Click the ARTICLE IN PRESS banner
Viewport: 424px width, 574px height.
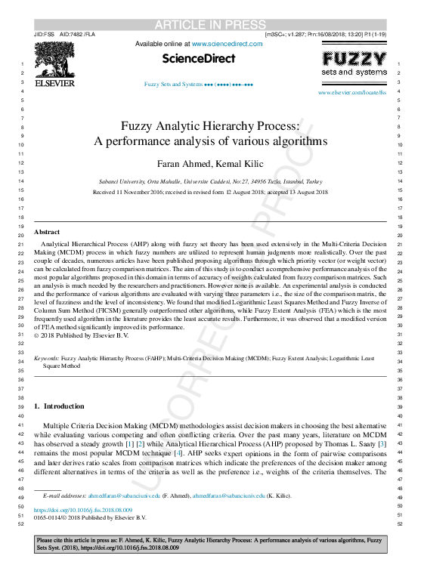pyautogui.click(x=212, y=25)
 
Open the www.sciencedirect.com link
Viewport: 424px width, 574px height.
pyautogui.click(x=227, y=44)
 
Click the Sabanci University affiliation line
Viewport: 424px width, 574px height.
pyautogui.click(x=212, y=182)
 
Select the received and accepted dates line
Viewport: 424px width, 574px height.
pyautogui.click(x=212, y=193)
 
